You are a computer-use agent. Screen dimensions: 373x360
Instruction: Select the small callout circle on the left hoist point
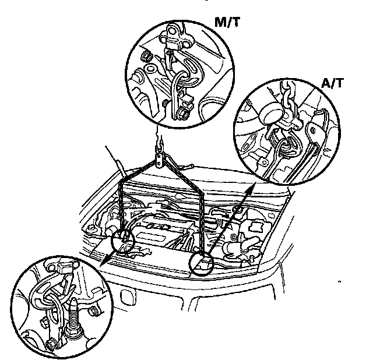click(124, 239)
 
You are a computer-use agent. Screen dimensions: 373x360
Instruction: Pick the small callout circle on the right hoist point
click(202, 263)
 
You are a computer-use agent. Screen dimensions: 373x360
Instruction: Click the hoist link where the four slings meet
click(159, 160)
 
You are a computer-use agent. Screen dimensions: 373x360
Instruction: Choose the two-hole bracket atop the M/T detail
click(175, 34)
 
